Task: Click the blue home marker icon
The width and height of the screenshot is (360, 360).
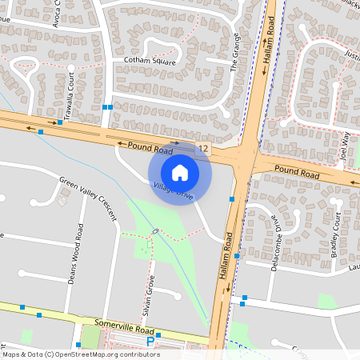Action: [x=180, y=172]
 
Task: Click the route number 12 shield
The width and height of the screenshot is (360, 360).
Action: [x=205, y=148]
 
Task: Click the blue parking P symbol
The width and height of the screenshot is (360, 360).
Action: [x=150, y=342]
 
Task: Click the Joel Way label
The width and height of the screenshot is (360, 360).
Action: [x=346, y=147]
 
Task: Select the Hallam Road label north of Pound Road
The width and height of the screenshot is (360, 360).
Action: [x=270, y=32]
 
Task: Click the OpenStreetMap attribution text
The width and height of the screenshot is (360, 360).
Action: [x=81, y=354]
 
